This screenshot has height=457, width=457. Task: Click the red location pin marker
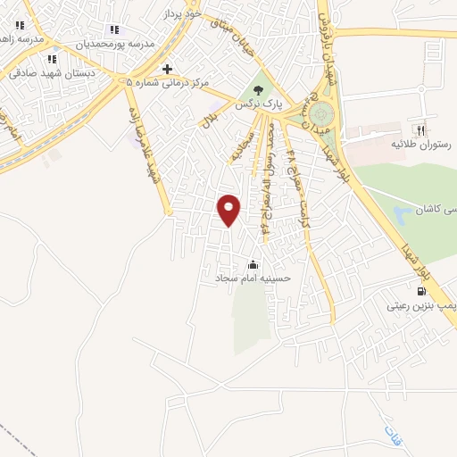point(230,209)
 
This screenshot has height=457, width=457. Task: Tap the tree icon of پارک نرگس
point(259,89)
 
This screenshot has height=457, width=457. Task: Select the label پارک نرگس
point(259,104)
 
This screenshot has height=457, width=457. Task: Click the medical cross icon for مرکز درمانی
point(167,69)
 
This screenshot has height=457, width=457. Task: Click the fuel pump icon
point(420,290)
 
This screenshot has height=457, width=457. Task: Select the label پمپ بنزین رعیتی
point(420,305)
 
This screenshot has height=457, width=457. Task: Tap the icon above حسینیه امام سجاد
point(253,264)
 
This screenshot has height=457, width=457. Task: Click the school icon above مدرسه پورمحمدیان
point(113,29)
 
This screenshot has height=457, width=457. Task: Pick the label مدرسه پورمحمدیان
point(115,44)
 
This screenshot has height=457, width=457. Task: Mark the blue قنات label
point(392,435)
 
